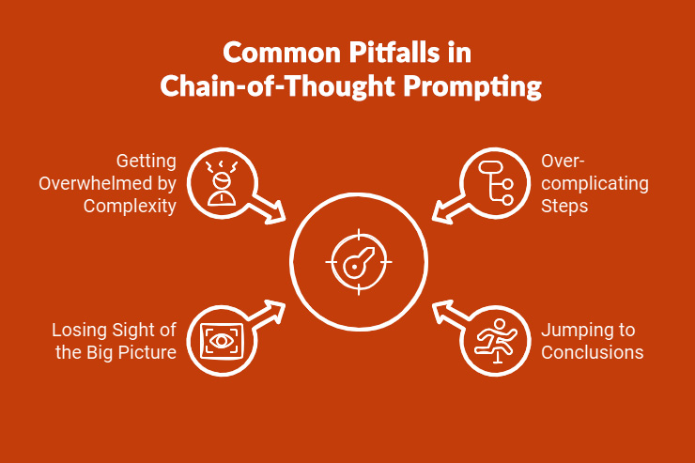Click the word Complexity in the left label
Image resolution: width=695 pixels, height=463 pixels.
pyautogui.click(x=131, y=205)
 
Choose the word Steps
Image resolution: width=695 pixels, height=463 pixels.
pyautogui.click(x=564, y=205)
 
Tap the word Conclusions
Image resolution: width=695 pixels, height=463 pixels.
pyautogui.click(x=592, y=352)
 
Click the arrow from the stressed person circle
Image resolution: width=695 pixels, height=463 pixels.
pyautogui.click(x=270, y=208)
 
